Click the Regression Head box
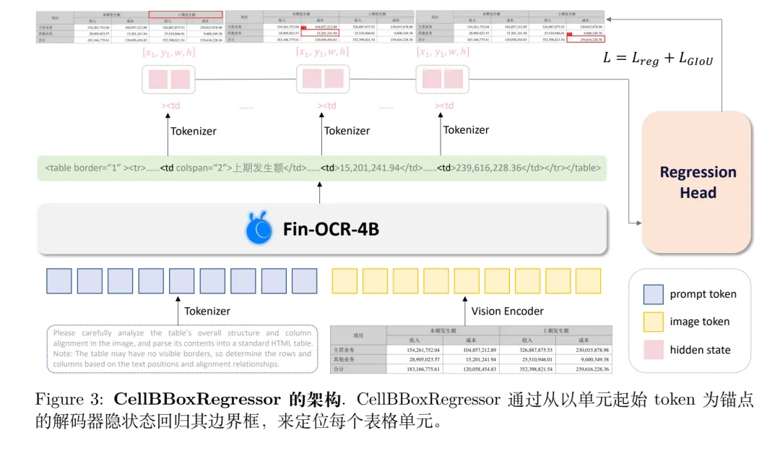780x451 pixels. click(698, 181)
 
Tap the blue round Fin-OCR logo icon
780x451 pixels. click(259, 229)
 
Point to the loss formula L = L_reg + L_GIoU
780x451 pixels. click(657, 59)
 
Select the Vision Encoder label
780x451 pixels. click(507, 311)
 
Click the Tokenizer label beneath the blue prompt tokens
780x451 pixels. click(207, 311)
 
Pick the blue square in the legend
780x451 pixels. click(653, 294)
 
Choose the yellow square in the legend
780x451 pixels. click(653, 322)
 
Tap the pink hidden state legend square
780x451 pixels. click(653, 350)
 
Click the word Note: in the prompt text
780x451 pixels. click(65, 354)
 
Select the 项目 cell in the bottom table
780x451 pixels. click(357, 335)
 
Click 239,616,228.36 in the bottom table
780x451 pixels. click(584, 369)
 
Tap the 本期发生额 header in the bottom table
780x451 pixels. click(443, 330)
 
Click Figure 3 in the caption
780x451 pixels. click(69, 400)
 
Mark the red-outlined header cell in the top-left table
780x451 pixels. click(185, 14)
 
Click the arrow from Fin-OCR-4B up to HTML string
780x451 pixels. click(319, 193)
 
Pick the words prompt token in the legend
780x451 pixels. click(703, 294)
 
